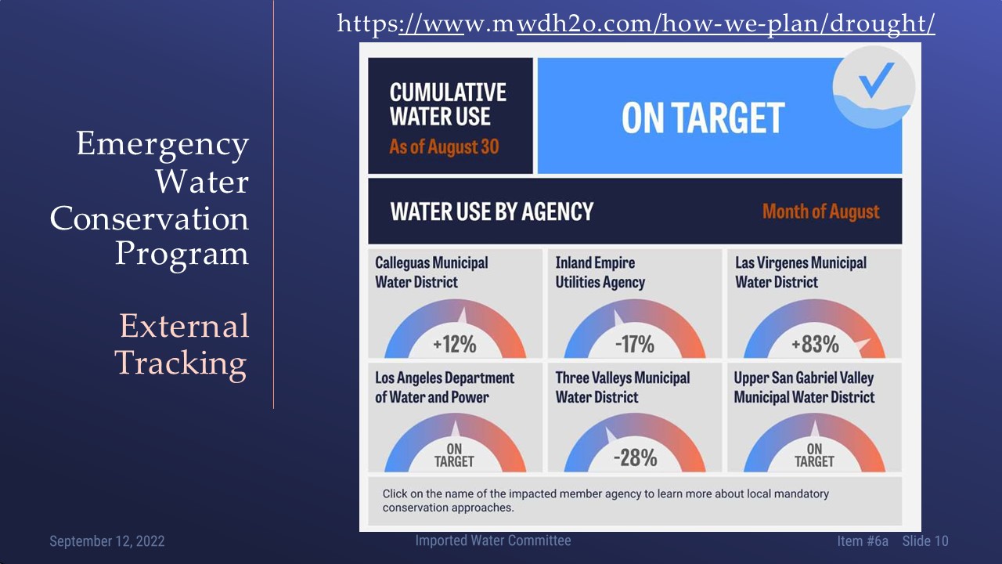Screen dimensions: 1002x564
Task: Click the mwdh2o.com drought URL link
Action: click(636, 23)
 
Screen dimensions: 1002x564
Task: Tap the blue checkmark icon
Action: click(876, 79)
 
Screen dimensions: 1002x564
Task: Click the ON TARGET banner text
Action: click(703, 117)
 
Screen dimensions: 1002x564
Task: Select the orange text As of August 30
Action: click(444, 146)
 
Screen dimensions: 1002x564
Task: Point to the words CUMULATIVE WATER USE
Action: click(448, 104)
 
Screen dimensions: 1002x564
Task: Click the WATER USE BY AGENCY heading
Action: click(492, 211)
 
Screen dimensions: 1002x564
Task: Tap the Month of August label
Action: click(821, 211)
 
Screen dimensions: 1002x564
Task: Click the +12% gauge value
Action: click(455, 344)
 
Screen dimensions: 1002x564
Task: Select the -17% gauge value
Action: click(635, 344)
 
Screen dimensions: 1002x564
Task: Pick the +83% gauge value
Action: click(815, 344)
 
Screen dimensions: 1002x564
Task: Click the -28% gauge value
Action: click(635, 458)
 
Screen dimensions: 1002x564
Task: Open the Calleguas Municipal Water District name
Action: click(431, 272)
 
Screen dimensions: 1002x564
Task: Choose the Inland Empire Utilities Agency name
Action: click(600, 272)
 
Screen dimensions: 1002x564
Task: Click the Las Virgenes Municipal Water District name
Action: click(801, 272)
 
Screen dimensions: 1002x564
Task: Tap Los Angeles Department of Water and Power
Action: click(445, 387)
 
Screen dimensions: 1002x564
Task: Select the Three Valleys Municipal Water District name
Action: click(622, 387)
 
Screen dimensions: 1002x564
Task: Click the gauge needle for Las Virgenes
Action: click(863, 344)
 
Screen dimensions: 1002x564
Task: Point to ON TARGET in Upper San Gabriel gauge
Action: click(814, 455)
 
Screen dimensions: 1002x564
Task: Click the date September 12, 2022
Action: click(107, 541)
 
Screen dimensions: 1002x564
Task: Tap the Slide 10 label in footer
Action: click(925, 541)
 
